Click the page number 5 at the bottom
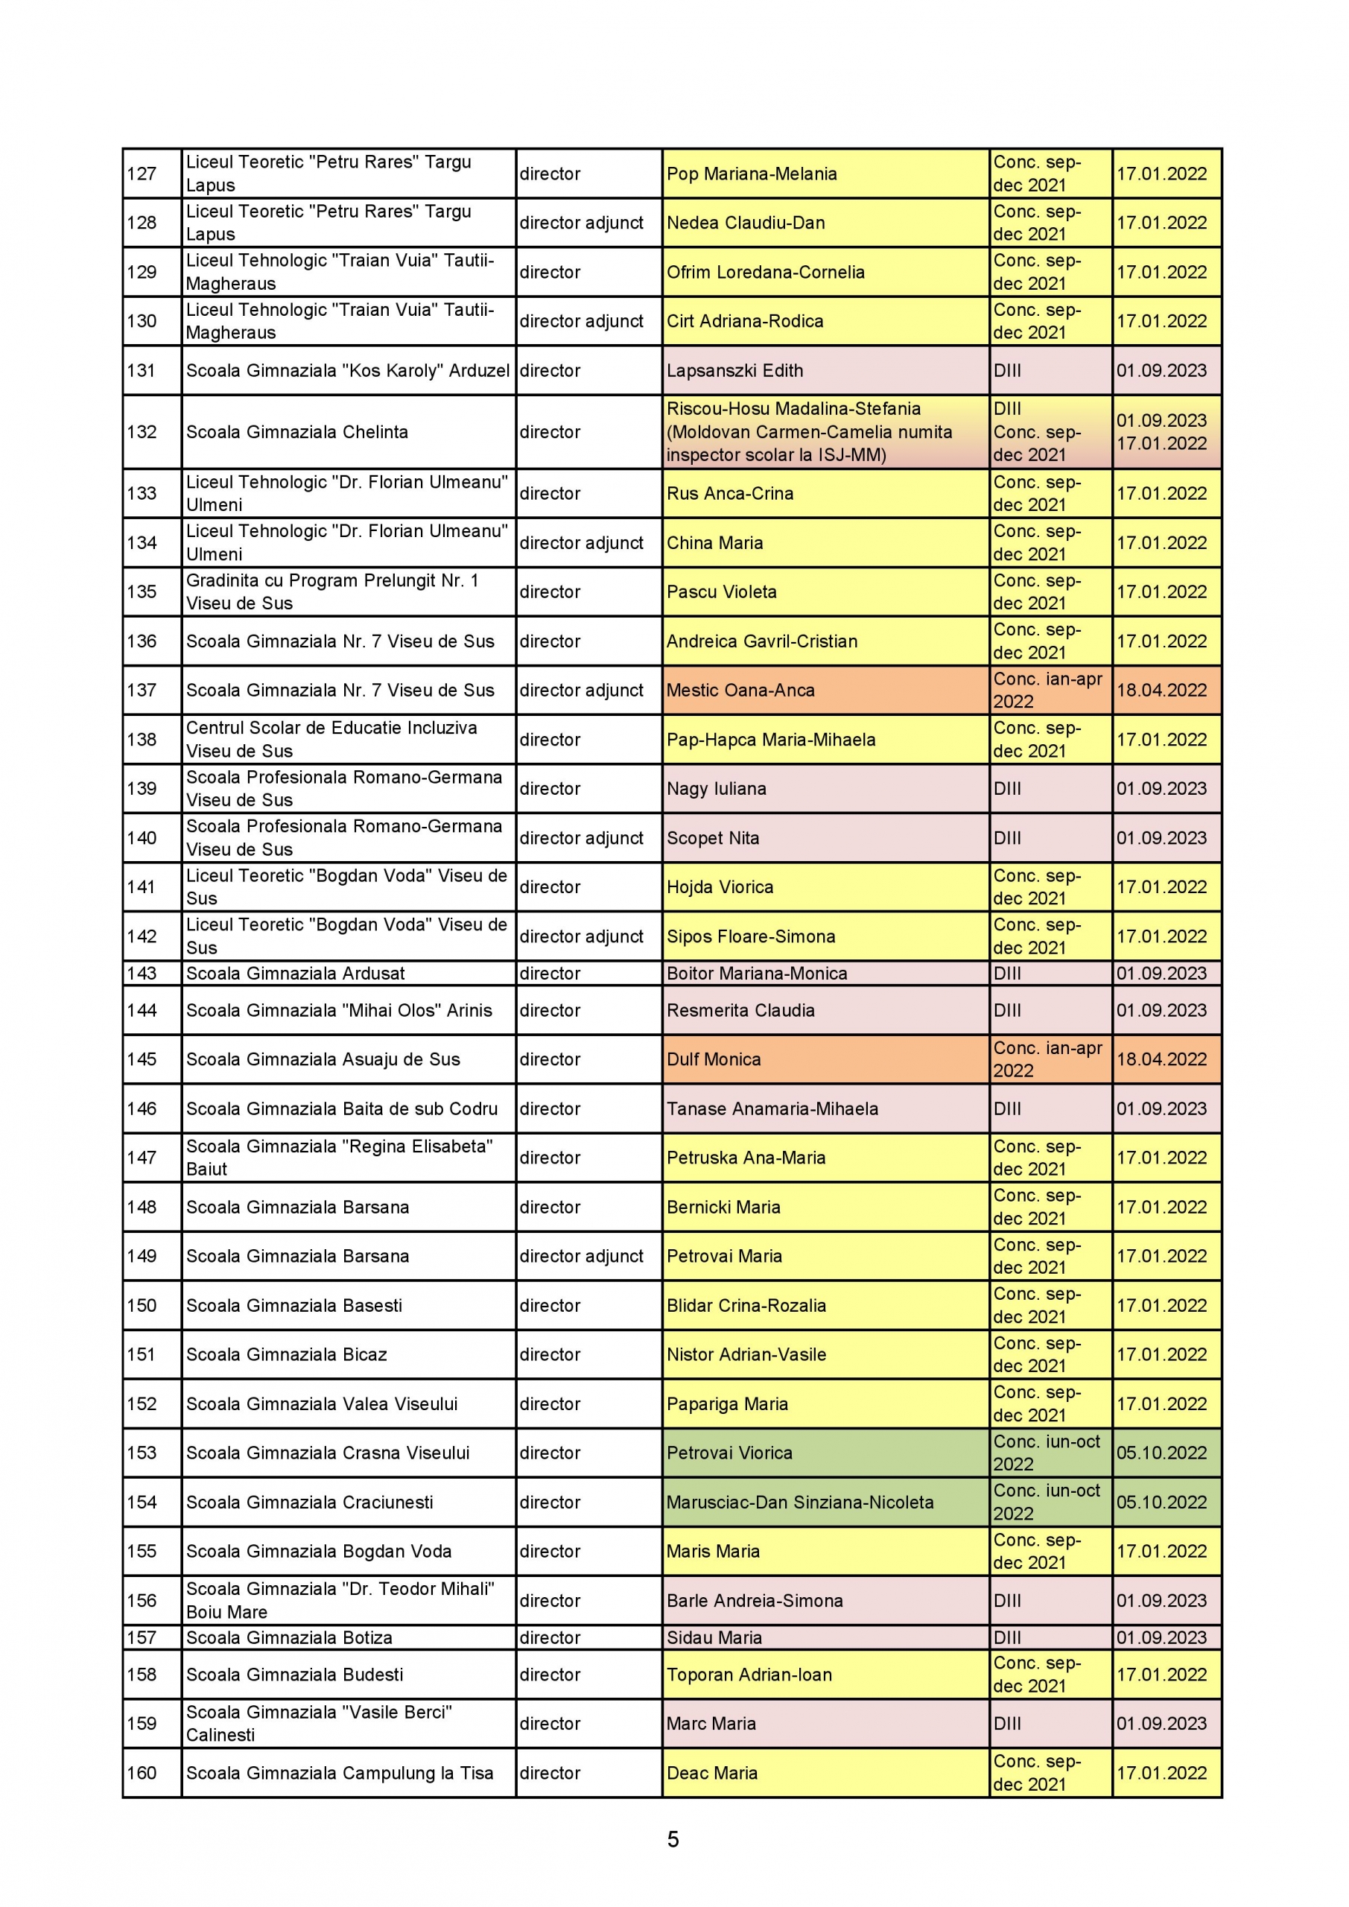pos(673,1839)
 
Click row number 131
pos(142,370)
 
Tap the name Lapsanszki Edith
pos(734,370)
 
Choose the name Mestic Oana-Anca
pos(740,691)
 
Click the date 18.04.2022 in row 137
pos(1161,691)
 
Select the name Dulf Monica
pos(714,1059)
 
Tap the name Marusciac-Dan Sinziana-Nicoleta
pos(800,1502)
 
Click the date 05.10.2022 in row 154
pos(1161,1502)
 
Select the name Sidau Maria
pos(714,1637)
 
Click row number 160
pos(142,1772)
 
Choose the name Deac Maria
pos(712,1772)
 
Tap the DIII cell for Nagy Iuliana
pos(1008,788)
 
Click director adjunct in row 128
pos(582,223)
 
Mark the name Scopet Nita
pos(713,837)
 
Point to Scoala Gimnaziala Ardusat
pos(295,973)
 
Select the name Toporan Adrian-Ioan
pos(749,1675)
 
